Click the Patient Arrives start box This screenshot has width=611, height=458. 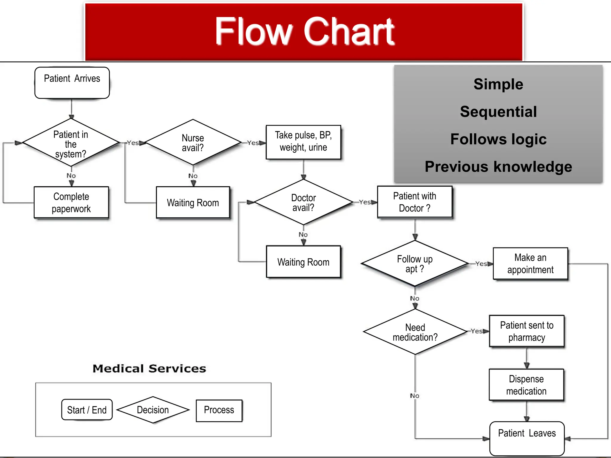[x=72, y=83]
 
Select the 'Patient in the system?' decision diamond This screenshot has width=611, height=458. [x=71, y=143]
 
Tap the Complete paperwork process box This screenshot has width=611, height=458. [x=71, y=202]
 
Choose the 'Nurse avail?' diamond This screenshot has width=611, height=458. [x=193, y=143]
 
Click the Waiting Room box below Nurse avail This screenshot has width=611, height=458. [x=193, y=202]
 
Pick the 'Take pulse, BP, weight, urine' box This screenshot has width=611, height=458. [x=303, y=142]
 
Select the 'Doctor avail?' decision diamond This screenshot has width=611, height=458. [x=303, y=202]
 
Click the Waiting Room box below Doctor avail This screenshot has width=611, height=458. [x=303, y=262]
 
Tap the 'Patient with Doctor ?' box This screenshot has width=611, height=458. [x=414, y=202]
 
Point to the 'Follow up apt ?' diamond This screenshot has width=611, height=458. [x=414, y=264]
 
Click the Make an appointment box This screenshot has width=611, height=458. [x=530, y=264]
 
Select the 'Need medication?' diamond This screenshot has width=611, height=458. [x=415, y=332]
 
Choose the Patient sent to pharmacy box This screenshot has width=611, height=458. [x=527, y=331]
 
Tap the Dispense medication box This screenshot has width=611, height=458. [x=526, y=385]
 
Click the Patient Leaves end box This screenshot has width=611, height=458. [x=527, y=438]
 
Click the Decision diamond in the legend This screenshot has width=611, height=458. [x=153, y=410]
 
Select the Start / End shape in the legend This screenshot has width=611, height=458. [x=87, y=410]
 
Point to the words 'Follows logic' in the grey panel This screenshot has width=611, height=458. [x=498, y=139]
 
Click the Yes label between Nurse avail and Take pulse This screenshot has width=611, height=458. [x=253, y=143]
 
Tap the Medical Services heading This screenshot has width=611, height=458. [x=149, y=369]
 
